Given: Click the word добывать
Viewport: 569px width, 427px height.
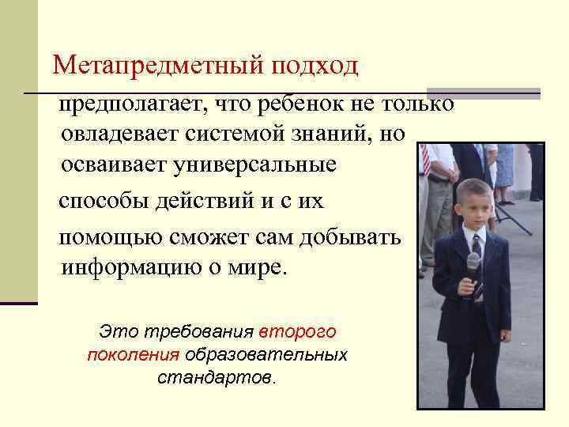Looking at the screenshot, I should click(360, 238).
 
